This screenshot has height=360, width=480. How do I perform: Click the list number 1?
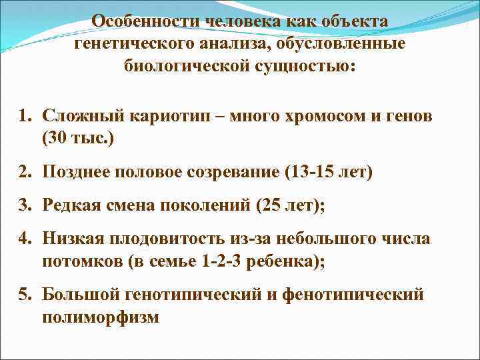[25, 116]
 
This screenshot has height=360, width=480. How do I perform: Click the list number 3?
[25, 205]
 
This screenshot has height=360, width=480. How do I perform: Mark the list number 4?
[25, 238]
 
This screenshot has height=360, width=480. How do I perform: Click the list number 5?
[25, 294]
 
